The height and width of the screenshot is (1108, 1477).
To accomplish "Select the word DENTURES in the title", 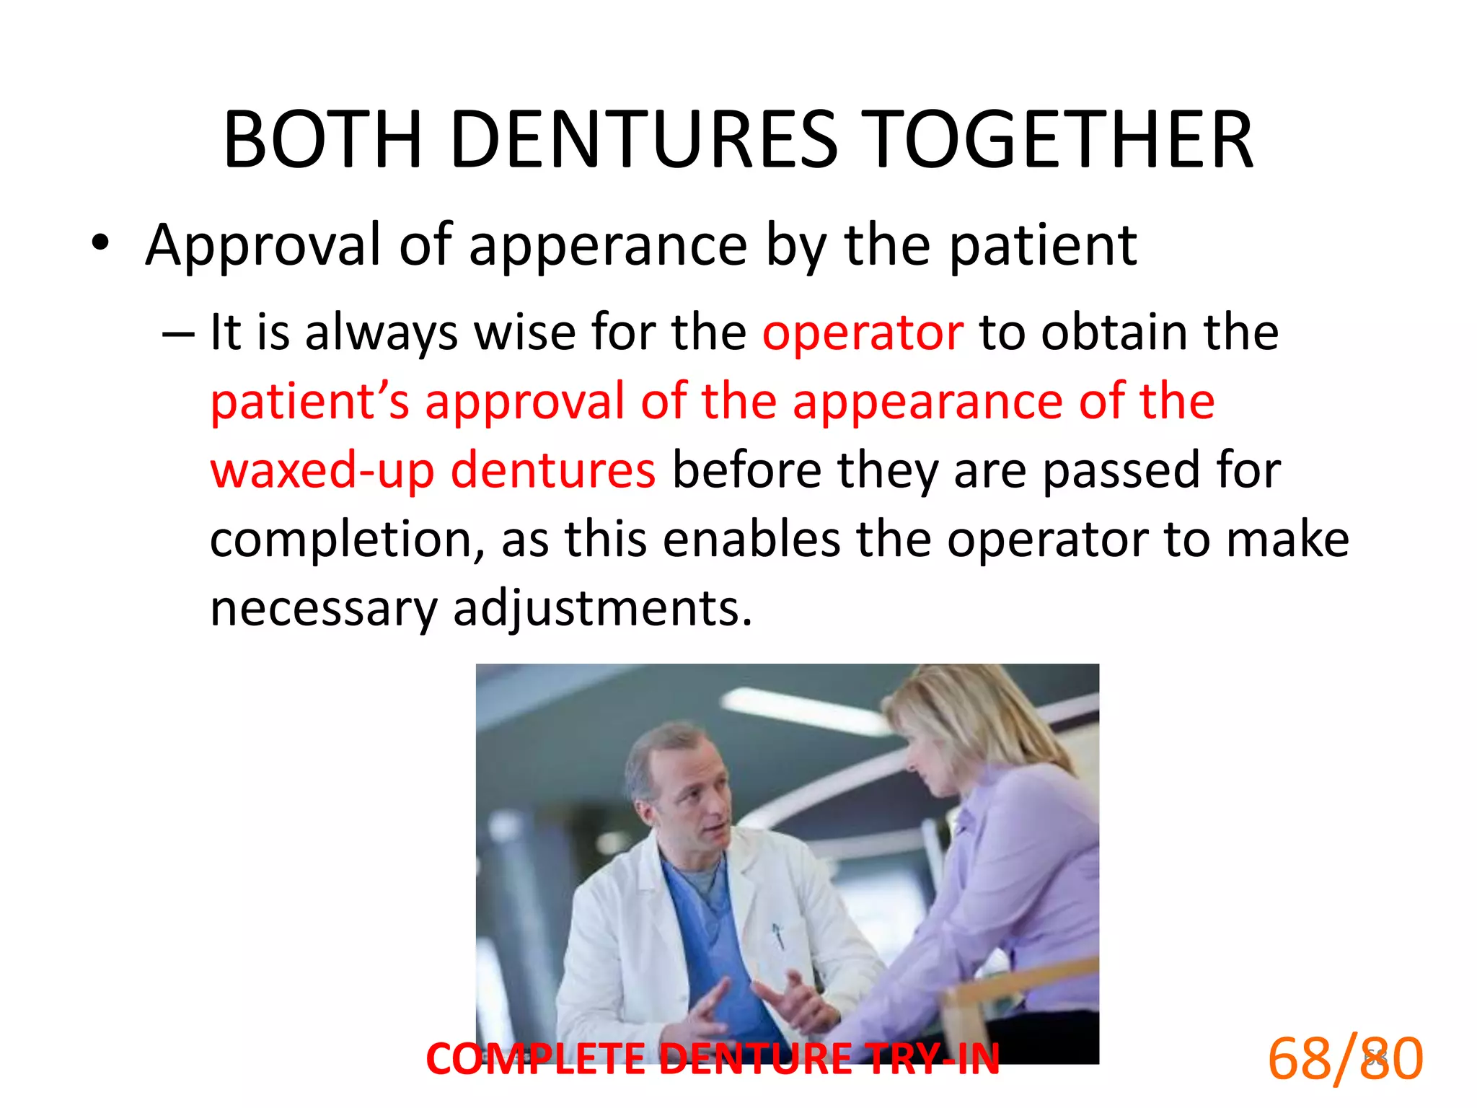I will [x=644, y=140].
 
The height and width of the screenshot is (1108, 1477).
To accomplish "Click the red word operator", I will [x=863, y=333].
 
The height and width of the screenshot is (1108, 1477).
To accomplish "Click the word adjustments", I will [x=602, y=608].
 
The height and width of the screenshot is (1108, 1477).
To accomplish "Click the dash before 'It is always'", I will [x=178, y=334].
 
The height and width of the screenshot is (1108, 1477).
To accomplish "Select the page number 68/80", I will [x=1345, y=1059].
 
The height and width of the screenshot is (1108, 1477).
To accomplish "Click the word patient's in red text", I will [x=309, y=402].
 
